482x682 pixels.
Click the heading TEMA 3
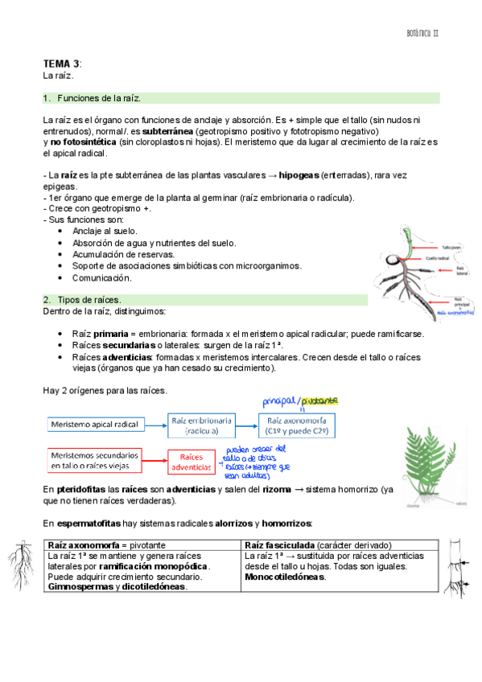click(61, 64)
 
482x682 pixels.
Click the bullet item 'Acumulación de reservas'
click(123, 254)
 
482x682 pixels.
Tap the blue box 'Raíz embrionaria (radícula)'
click(201, 424)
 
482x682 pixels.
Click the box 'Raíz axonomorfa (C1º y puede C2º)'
click(297, 424)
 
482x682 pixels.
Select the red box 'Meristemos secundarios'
click(94, 460)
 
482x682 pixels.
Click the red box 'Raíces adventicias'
click(191, 461)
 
